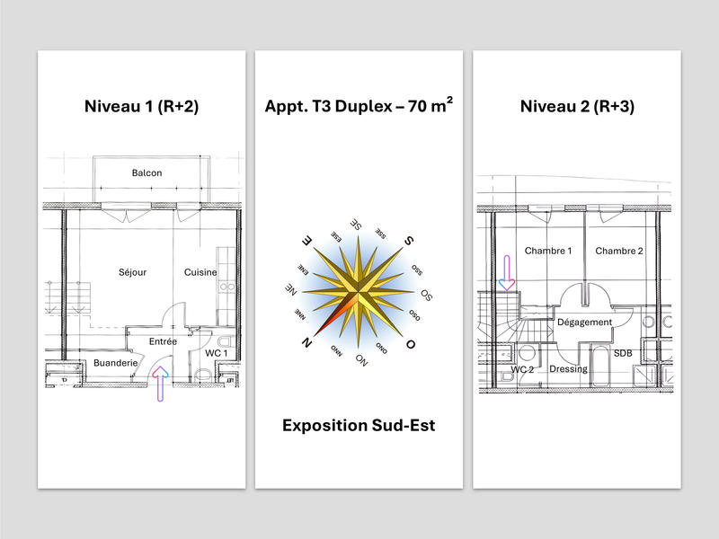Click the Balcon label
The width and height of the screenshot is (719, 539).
coord(146,172)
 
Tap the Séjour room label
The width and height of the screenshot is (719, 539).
coord(132,272)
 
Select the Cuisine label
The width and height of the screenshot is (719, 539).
coord(200,272)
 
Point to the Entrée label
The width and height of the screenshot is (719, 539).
coord(163,341)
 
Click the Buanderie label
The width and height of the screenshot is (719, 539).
coord(115,363)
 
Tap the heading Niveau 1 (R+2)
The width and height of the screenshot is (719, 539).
coord(141,106)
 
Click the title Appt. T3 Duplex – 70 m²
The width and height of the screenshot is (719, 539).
coord(359,105)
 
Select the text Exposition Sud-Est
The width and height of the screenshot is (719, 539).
coord(359,425)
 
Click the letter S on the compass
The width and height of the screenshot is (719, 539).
coord(408,240)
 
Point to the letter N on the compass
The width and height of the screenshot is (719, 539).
coord(307,342)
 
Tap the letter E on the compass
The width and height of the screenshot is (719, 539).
coord(306,241)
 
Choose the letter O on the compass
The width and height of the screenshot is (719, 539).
coord(411,344)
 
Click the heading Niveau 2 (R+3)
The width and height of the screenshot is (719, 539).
coord(577,106)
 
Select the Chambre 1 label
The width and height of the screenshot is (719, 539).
coord(548,251)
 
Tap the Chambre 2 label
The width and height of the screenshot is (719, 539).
coord(619,251)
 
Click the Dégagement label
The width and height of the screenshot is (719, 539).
coord(584,322)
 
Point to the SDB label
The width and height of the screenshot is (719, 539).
coord(623,353)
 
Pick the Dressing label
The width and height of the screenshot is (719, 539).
coord(568,369)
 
